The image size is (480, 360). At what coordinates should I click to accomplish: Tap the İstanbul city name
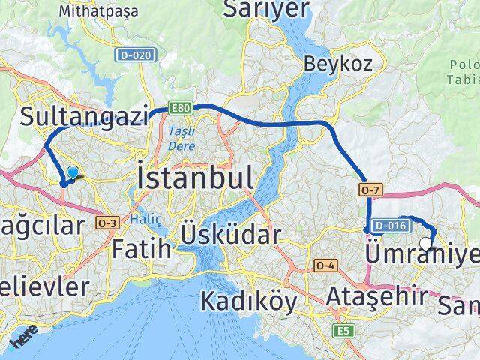195,179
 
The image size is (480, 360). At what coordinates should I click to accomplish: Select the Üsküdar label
230,235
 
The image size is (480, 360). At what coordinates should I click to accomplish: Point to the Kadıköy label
248,301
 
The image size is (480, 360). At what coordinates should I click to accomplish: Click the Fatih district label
142,247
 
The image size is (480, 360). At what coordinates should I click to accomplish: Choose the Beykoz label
338,64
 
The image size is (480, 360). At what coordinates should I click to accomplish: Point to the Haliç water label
140,219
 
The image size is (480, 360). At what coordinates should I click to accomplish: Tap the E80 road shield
181,108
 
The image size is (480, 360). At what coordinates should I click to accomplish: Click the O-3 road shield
108,222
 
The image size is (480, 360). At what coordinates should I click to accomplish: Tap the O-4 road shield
325,265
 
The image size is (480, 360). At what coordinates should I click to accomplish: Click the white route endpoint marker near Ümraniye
427,243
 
